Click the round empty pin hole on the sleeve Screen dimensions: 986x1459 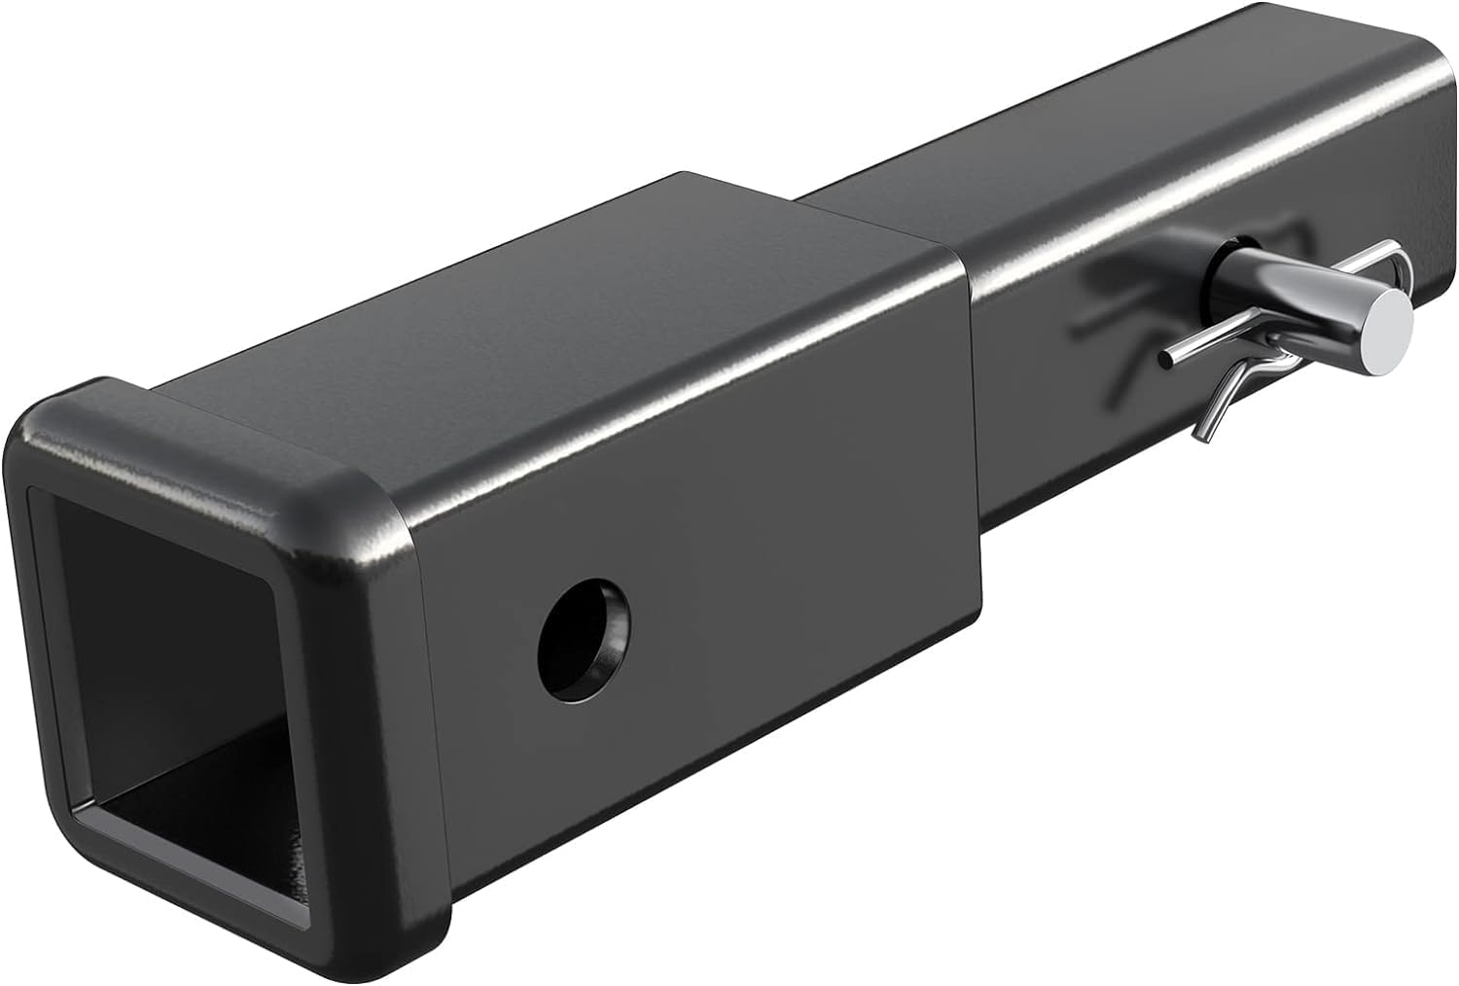click(584, 639)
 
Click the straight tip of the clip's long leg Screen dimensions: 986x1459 click(1164, 361)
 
